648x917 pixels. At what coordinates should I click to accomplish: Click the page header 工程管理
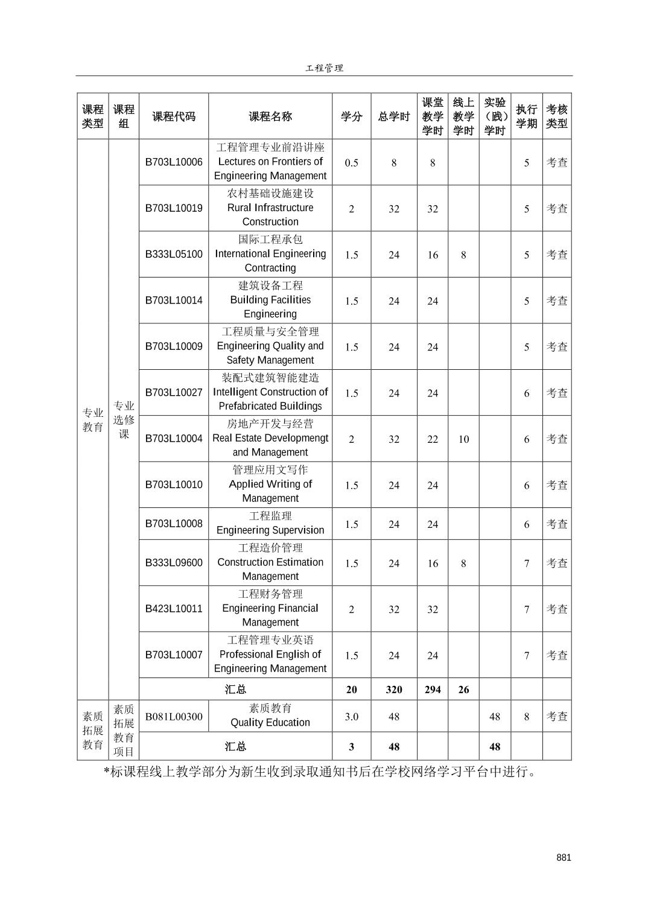(x=324, y=68)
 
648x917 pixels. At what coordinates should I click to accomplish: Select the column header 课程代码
(x=174, y=116)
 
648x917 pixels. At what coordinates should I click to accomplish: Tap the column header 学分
(x=351, y=116)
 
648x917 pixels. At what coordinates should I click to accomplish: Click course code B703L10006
(x=174, y=162)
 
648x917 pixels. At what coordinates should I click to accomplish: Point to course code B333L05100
(x=174, y=254)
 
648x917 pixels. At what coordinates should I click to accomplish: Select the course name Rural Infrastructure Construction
(x=270, y=208)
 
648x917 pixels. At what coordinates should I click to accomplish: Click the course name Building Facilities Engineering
(x=270, y=300)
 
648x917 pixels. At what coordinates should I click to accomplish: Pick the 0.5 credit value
(x=351, y=162)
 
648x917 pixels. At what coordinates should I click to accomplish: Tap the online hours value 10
(x=463, y=439)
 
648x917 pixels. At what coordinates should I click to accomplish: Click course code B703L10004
(x=174, y=439)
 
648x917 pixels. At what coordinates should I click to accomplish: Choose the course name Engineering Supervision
(x=270, y=524)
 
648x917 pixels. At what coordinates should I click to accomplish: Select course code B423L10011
(x=174, y=609)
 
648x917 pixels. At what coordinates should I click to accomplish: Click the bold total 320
(x=394, y=690)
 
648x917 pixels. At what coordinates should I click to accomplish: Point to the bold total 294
(x=433, y=690)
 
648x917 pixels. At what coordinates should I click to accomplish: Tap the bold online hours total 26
(x=463, y=690)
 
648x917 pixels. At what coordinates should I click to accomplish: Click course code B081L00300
(x=174, y=717)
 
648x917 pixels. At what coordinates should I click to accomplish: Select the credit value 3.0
(x=351, y=717)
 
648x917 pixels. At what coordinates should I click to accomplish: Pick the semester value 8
(x=527, y=717)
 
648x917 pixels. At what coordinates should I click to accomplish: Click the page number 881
(x=564, y=858)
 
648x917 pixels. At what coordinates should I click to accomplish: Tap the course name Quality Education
(x=270, y=716)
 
